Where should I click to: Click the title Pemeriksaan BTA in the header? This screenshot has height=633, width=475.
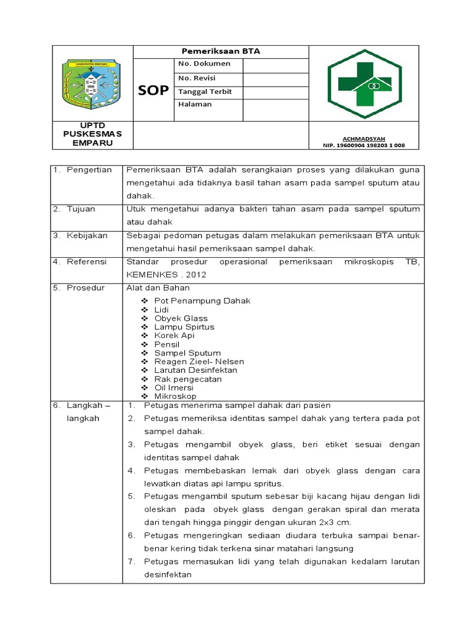220,51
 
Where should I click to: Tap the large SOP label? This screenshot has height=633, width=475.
153,91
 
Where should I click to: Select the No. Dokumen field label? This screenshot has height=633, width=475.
204,64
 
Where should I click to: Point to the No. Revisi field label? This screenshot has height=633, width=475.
199,78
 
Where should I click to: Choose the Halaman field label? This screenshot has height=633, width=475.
195,104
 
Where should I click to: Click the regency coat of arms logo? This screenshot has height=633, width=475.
92,83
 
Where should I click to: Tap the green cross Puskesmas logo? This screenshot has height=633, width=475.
364,83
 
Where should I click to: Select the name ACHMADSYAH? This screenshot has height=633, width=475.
364,138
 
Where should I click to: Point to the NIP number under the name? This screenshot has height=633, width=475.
364,145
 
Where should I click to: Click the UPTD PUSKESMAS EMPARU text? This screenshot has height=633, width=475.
93,135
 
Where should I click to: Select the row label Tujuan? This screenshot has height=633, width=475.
82,209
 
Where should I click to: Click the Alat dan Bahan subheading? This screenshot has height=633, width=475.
158,287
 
